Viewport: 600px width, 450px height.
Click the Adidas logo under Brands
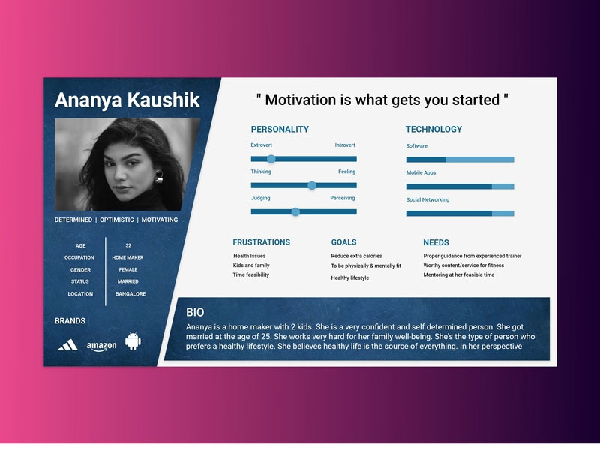pyautogui.click(x=68, y=345)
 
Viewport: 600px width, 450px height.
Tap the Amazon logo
pyautogui.click(x=101, y=346)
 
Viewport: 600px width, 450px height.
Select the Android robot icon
pyautogui.click(x=133, y=341)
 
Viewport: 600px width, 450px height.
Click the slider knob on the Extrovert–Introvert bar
pyautogui.click(x=271, y=159)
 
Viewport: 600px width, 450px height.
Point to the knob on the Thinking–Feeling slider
pyautogui.click(x=312, y=185)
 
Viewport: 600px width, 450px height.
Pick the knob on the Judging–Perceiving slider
pyautogui.click(x=295, y=212)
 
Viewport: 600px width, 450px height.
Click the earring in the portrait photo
pyautogui.click(x=159, y=177)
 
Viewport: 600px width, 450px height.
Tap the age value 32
pyautogui.click(x=128, y=246)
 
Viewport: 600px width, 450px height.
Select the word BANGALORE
pyautogui.click(x=130, y=294)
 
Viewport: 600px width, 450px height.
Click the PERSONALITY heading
pyautogui.click(x=280, y=129)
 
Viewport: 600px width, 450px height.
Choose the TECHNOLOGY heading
pyautogui.click(x=434, y=129)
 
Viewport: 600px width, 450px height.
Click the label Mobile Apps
pyautogui.click(x=421, y=173)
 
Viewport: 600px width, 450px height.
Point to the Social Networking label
pyautogui.click(x=427, y=199)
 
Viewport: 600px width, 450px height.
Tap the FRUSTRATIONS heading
pyautogui.click(x=261, y=242)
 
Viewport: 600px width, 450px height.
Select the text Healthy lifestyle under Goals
pyautogui.click(x=350, y=277)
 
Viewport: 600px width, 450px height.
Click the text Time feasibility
pyautogui.click(x=251, y=274)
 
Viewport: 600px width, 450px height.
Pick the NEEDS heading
pyautogui.click(x=436, y=242)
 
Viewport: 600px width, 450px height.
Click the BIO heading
pyautogui.click(x=195, y=312)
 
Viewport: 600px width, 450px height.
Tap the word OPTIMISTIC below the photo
pyautogui.click(x=117, y=220)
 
